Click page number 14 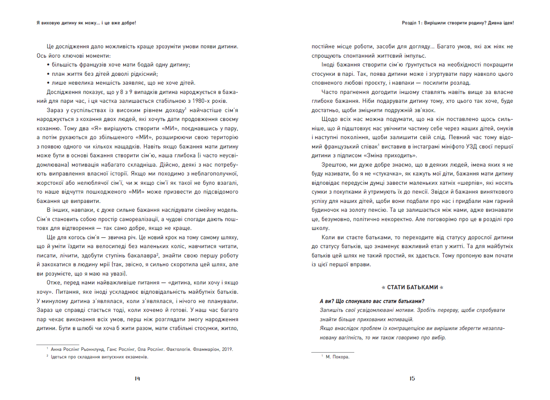point(137,378)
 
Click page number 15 point(412,378)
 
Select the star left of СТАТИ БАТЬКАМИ point(383,287)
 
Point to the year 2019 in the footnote point(227,349)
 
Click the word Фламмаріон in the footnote point(205,349)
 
